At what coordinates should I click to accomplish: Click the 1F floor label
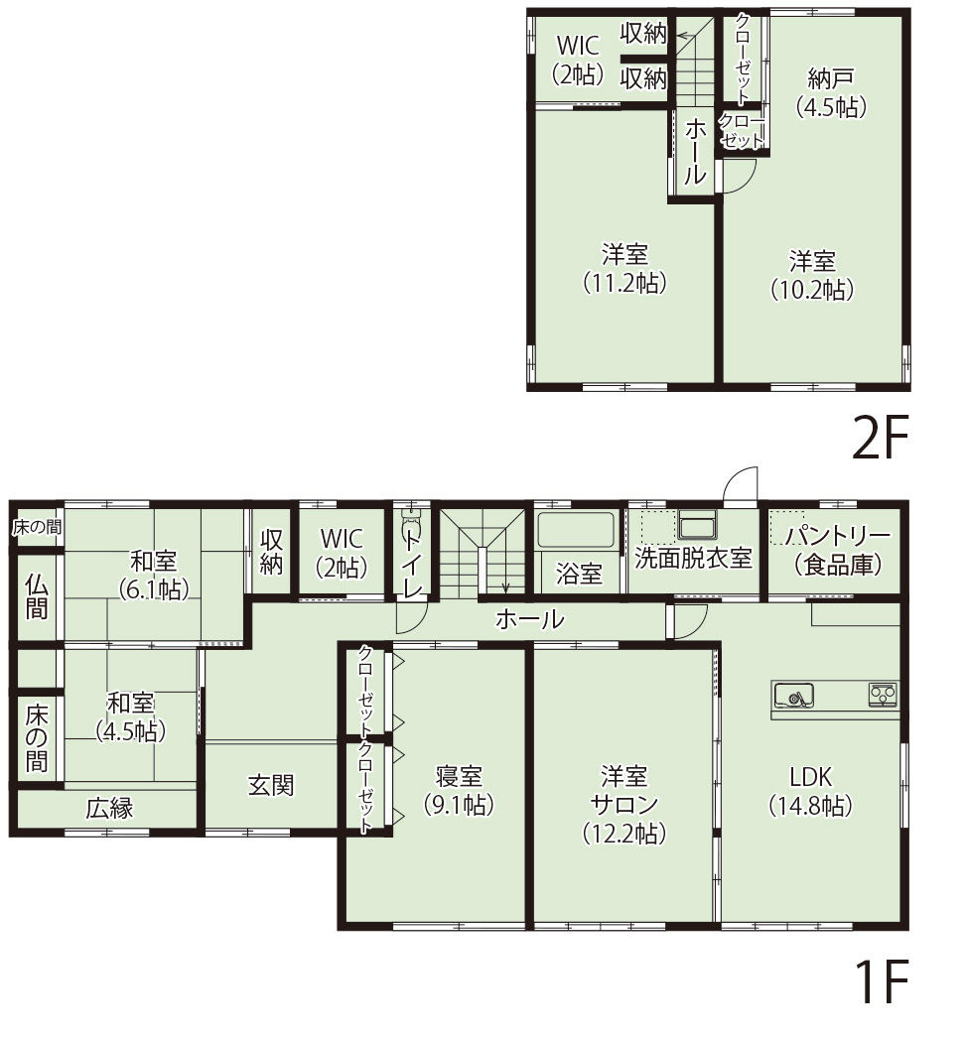pos(881,981)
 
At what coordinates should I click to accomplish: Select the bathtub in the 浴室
pos(575,529)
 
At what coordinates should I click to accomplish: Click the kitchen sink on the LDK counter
pos(793,696)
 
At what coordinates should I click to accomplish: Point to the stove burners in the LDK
pos(883,694)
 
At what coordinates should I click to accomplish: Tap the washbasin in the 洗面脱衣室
pos(698,524)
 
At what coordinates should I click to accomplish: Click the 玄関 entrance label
pos(270,786)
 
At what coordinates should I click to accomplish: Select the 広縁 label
pos(109,809)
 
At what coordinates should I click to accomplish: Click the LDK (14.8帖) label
pos(811,791)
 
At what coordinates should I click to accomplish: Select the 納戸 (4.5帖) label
pos(832,92)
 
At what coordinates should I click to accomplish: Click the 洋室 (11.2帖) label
pos(624,268)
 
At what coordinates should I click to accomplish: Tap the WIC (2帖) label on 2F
pos(578,60)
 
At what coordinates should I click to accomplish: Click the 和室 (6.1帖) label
pos(153,574)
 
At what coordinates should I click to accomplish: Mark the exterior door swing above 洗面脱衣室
pos(741,484)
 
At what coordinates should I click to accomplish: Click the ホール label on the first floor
pos(529,620)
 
